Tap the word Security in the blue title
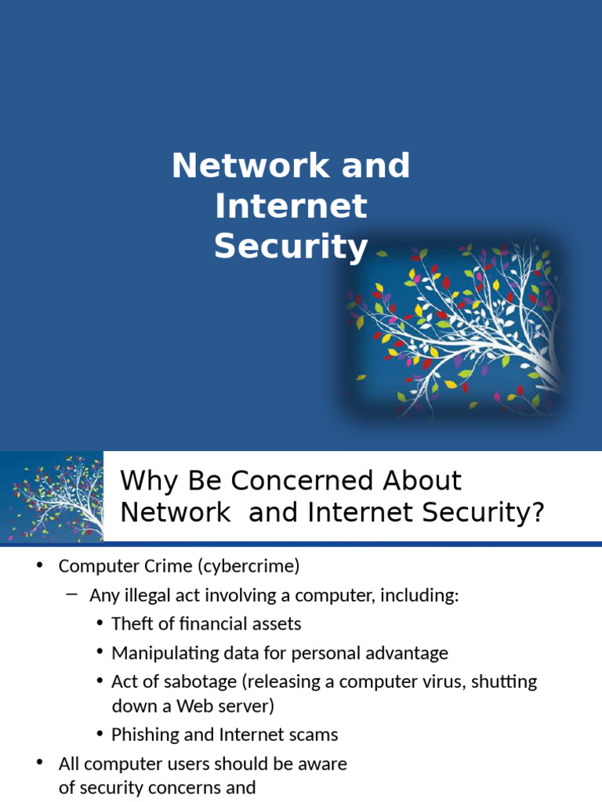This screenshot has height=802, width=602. point(291,247)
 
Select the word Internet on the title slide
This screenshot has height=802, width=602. point(291,207)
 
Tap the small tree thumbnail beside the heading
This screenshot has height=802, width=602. point(52,497)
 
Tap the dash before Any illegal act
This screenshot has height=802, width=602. point(72,594)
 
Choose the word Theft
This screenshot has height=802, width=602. point(132,624)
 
